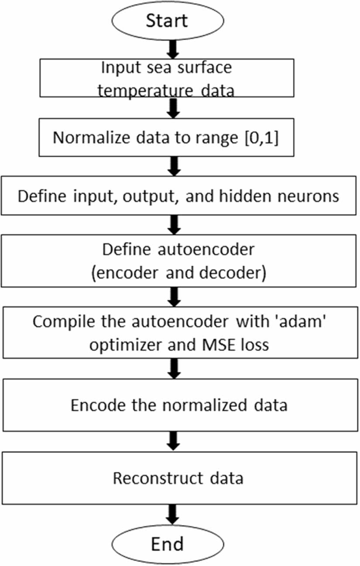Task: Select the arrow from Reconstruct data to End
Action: click(173, 513)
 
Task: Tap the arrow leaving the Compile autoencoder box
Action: click(173, 369)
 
